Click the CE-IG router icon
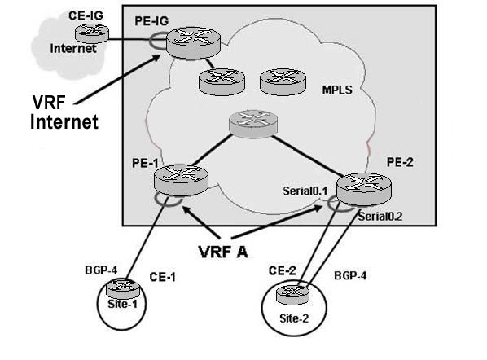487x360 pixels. coord(92,33)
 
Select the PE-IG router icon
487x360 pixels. coord(193,43)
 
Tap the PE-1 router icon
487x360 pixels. coord(181,180)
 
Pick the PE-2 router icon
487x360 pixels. coord(364,190)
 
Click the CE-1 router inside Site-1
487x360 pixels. coord(123,288)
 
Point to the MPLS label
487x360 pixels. coord(337,90)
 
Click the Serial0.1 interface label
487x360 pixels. coord(305,191)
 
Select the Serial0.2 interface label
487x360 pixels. coord(380,217)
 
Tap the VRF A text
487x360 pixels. coord(223,252)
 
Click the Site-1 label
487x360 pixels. coord(122,304)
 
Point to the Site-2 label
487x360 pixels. coord(294,318)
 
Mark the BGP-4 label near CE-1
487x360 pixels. coord(101,270)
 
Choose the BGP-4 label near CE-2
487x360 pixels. coord(350,276)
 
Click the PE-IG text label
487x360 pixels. coord(151,21)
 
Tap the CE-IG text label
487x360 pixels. coord(86,15)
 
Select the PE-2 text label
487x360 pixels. coord(400,162)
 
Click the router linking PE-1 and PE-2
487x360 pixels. coord(253,124)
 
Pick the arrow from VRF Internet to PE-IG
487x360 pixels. coord(117,80)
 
